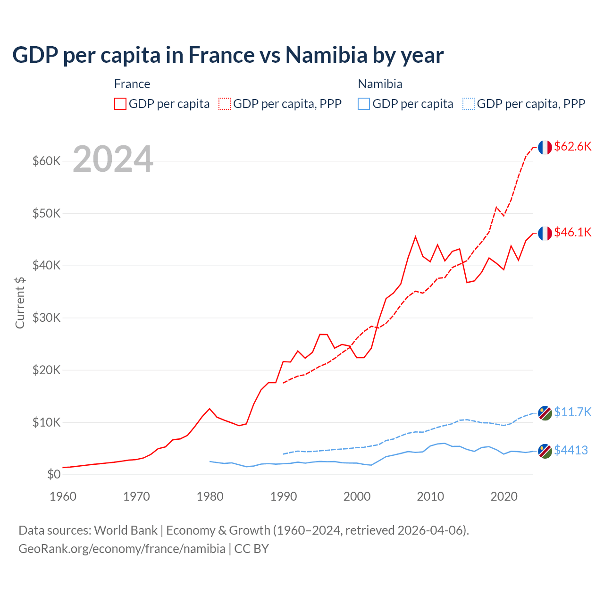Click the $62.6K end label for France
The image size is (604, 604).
click(572, 146)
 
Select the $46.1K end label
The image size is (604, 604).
click(572, 232)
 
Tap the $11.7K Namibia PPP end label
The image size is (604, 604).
click(572, 412)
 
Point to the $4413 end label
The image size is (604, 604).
click(570, 450)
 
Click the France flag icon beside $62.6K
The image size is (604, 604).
click(545, 147)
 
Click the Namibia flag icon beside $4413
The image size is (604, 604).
click(545, 451)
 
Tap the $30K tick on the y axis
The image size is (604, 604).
click(46, 318)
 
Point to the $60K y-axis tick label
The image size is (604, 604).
click(46, 161)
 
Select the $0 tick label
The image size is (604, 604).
click(54, 474)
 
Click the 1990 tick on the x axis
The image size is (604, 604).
click(284, 496)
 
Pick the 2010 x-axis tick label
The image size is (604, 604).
click(430, 496)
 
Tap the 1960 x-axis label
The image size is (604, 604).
click(63, 496)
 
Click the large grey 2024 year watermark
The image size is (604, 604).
click(113, 159)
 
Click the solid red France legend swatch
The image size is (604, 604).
click(120, 104)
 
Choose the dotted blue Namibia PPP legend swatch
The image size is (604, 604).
click(469, 104)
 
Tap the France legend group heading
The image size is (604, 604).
click(132, 84)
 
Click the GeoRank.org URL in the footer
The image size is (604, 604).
click(122, 549)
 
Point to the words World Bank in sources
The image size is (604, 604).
click(126, 530)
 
